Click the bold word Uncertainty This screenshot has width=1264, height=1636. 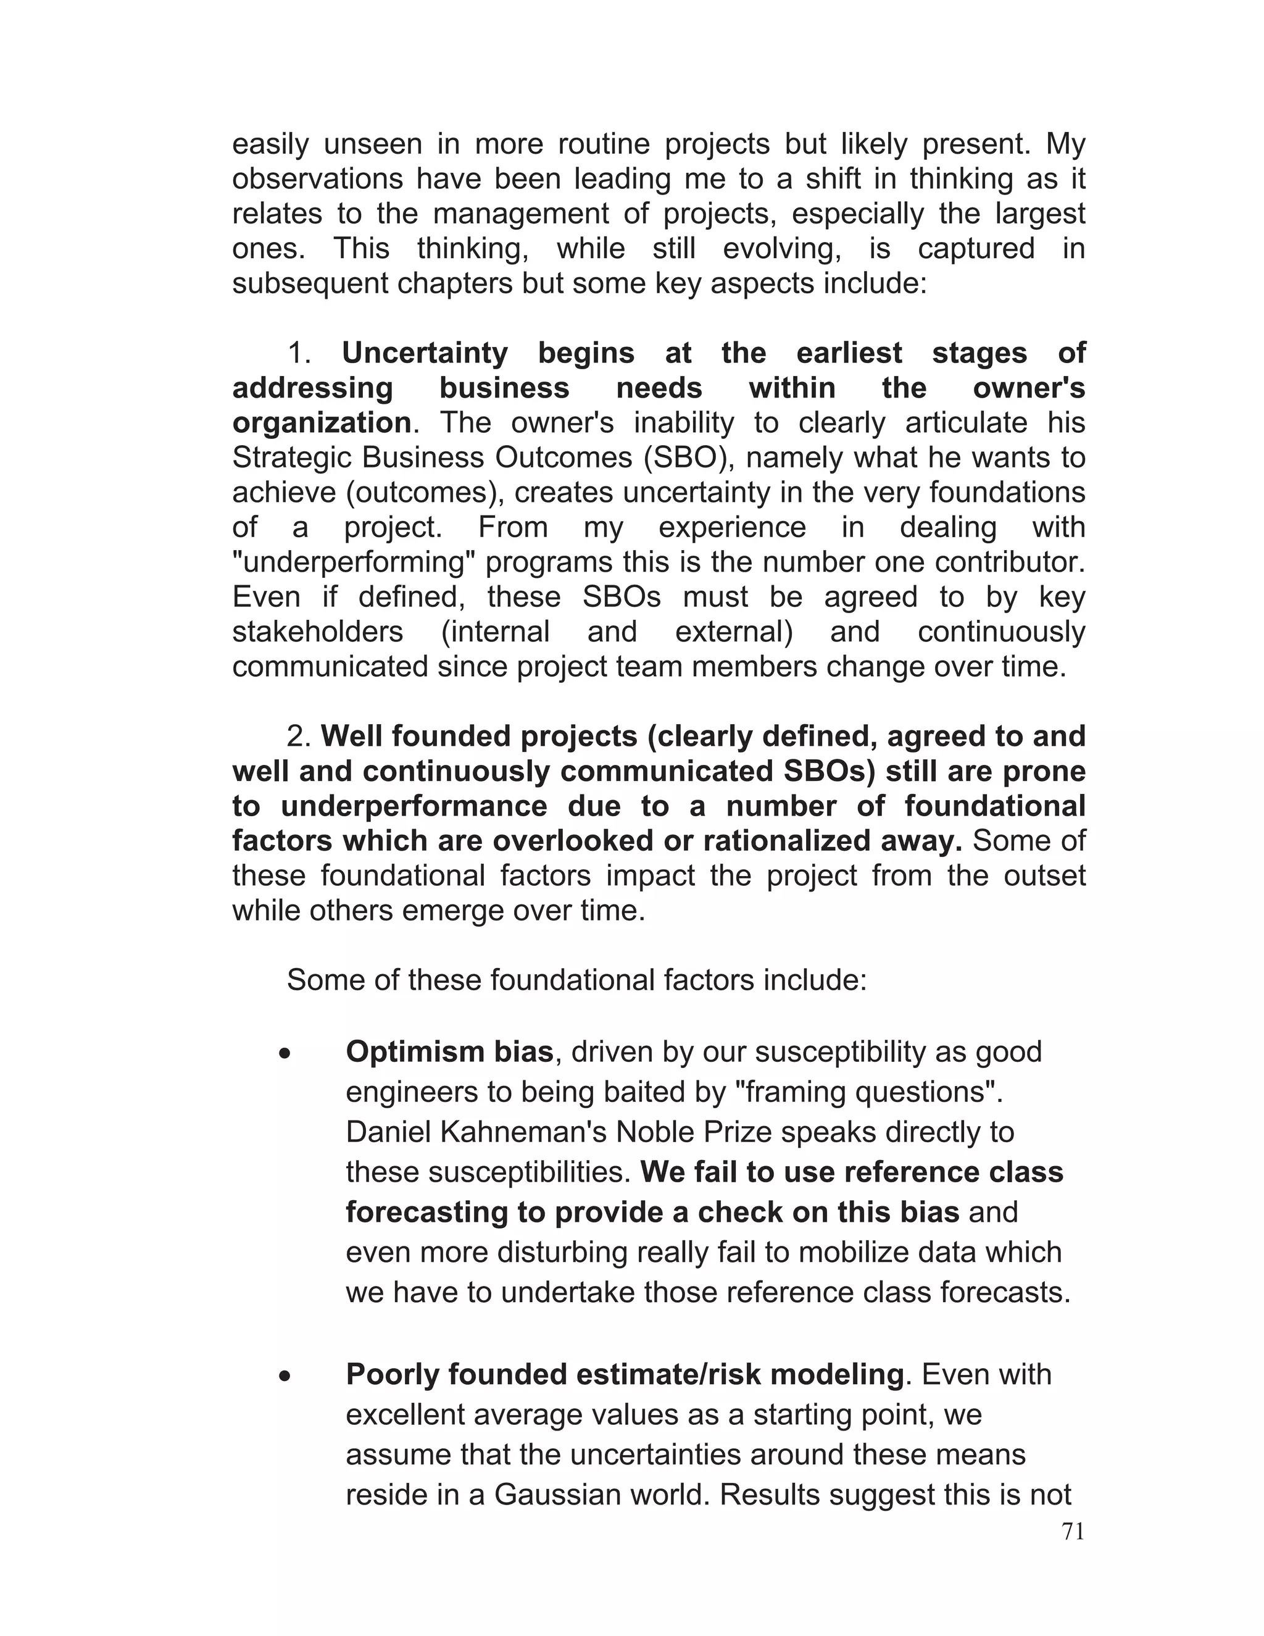(x=425, y=353)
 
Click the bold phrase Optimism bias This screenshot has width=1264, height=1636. (x=449, y=1052)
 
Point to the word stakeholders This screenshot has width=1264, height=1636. (x=317, y=632)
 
